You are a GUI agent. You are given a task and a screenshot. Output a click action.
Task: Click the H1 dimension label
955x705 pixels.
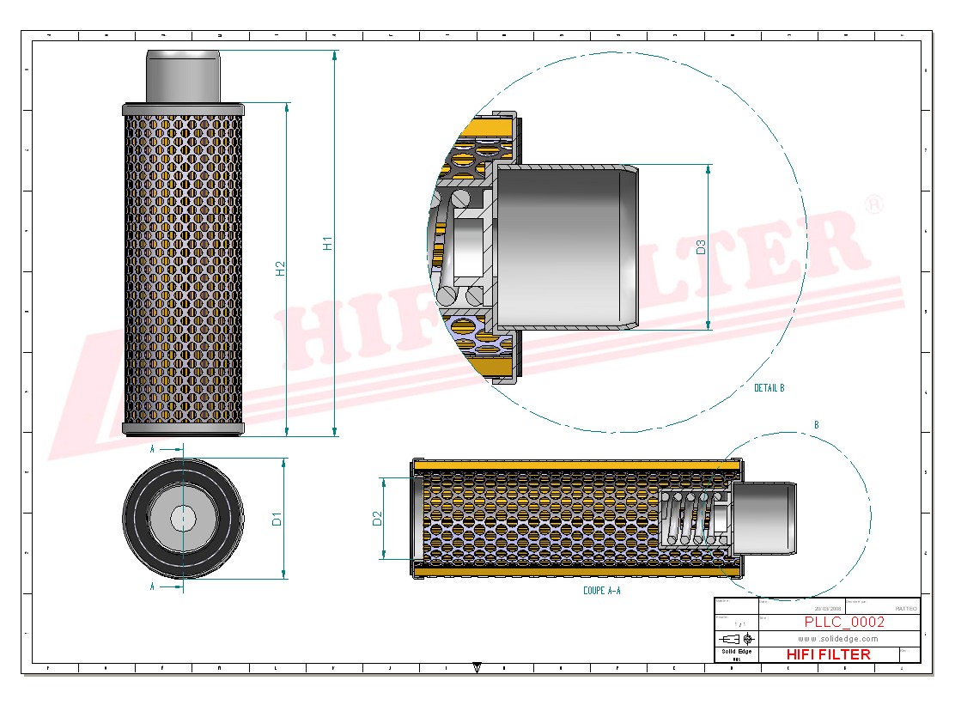[x=327, y=243]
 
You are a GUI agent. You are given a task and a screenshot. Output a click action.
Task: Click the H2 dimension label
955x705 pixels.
[x=280, y=268]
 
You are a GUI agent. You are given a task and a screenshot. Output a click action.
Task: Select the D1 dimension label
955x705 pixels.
[x=277, y=519]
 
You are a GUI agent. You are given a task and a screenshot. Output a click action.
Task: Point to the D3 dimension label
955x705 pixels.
[x=701, y=247]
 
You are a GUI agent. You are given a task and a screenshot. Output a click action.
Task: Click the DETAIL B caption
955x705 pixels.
[x=769, y=388]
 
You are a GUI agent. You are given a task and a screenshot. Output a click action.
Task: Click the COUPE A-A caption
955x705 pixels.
[x=601, y=591]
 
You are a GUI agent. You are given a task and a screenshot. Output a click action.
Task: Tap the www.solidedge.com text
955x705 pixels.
[x=837, y=639]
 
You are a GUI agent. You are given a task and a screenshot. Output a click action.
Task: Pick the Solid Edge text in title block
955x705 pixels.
[x=736, y=652]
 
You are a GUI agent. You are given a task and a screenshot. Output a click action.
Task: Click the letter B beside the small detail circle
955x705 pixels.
[x=816, y=425]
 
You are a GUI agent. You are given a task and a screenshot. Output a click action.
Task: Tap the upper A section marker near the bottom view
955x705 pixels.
[x=153, y=449]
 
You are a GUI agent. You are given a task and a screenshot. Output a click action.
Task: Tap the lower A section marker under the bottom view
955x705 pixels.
[x=153, y=587]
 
